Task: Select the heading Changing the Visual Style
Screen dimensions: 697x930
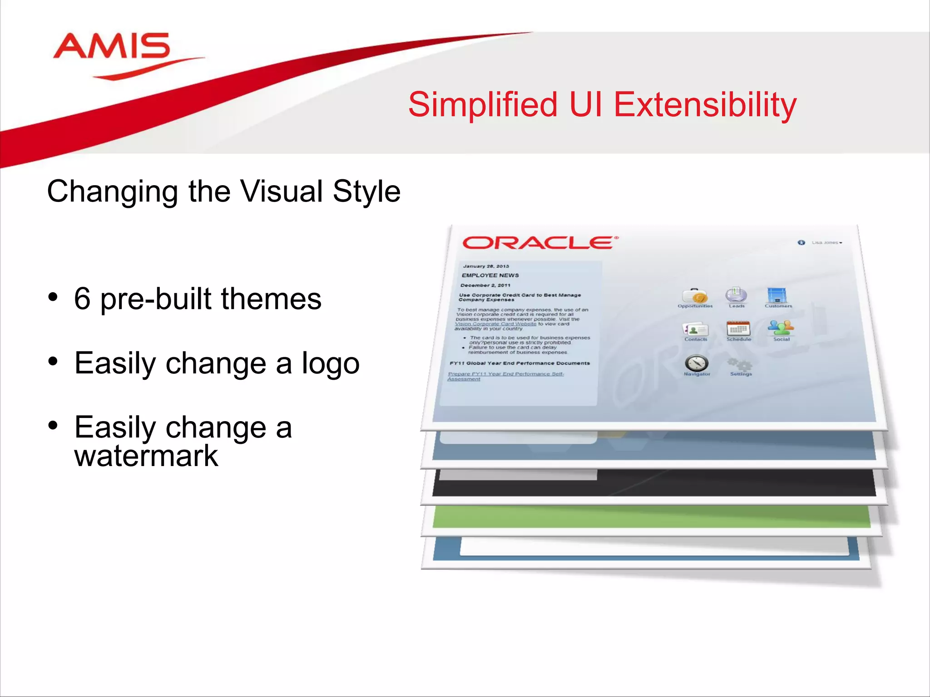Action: click(223, 191)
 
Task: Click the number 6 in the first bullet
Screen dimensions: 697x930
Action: click(82, 299)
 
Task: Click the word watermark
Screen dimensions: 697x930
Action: click(146, 456)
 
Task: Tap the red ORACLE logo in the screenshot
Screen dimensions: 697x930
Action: click(539, 243)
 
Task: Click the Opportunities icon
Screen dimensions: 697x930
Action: click(695, 296)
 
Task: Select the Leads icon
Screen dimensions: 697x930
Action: click(736, 295)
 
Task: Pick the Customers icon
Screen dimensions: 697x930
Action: click(777, 295)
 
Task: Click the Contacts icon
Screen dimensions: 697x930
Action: click(696, 329)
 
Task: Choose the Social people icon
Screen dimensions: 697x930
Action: click(781, 328)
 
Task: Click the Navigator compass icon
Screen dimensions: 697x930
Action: click(697, 363)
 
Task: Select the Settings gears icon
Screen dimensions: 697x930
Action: click(740, 364)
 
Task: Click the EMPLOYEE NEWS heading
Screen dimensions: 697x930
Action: click(490, 275)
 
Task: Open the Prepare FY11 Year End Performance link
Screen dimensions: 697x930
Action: click(505, 374)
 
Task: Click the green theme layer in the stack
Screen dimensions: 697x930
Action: click(651, 517)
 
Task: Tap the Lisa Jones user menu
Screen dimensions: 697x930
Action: click(826, 243)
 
